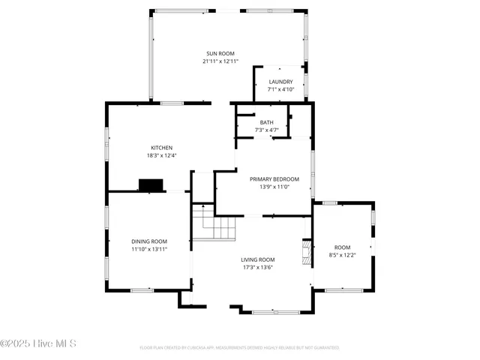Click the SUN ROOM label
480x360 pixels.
[x=220, y=54]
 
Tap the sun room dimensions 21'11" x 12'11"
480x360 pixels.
[x=220, y=61]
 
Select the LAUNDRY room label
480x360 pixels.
[x=280, y=82]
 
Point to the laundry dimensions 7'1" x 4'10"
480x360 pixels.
[x=280, y=89]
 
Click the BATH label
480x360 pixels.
[x=267, y=122]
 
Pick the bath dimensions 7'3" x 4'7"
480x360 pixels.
[x=267, y=130]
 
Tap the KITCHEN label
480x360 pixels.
[x=162, y=148]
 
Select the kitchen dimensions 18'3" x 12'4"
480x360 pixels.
[x=162, y=155]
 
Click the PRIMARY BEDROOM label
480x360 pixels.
[x=274, y=179]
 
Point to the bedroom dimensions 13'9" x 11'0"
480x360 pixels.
[x=274, y=187]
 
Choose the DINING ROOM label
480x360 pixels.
[x=149, y=241]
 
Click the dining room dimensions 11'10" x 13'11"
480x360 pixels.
[x=149, y=248]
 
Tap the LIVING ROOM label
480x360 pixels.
[x=257, y=259]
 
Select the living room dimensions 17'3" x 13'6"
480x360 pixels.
[x=257, y=267]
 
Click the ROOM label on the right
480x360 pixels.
[x=342, y=247]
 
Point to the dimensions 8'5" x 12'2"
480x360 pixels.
[x=342, y=255]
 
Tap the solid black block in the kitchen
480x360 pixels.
[x=151, y=185]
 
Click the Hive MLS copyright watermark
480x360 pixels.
[x=39, y=343]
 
